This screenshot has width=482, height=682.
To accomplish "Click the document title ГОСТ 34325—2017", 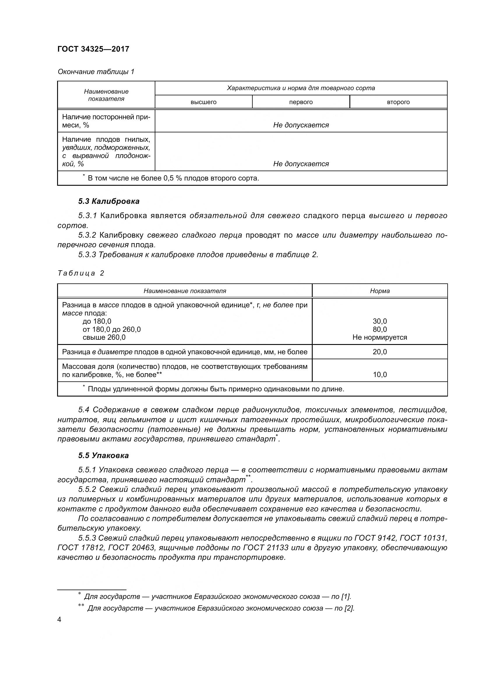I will (93, 49).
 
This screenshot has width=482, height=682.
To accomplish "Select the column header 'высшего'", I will (203, 102).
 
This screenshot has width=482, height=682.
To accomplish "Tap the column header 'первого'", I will (301, 102).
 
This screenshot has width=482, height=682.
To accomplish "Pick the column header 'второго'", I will (398, 102).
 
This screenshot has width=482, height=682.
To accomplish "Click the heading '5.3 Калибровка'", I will (109, 201).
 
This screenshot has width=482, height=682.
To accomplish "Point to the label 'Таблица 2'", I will (81, 273).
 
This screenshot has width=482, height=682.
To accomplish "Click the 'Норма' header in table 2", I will (380, 291).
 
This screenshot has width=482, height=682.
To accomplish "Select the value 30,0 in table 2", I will (380, 321).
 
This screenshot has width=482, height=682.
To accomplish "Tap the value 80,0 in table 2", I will (380, 329).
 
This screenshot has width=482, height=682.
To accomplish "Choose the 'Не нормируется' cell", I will (380, 337).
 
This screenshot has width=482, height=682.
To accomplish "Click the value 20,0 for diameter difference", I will (380, 352).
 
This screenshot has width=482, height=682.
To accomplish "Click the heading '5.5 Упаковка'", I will (103, 455).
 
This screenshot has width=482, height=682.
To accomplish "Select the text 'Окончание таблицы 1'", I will (96, 72).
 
